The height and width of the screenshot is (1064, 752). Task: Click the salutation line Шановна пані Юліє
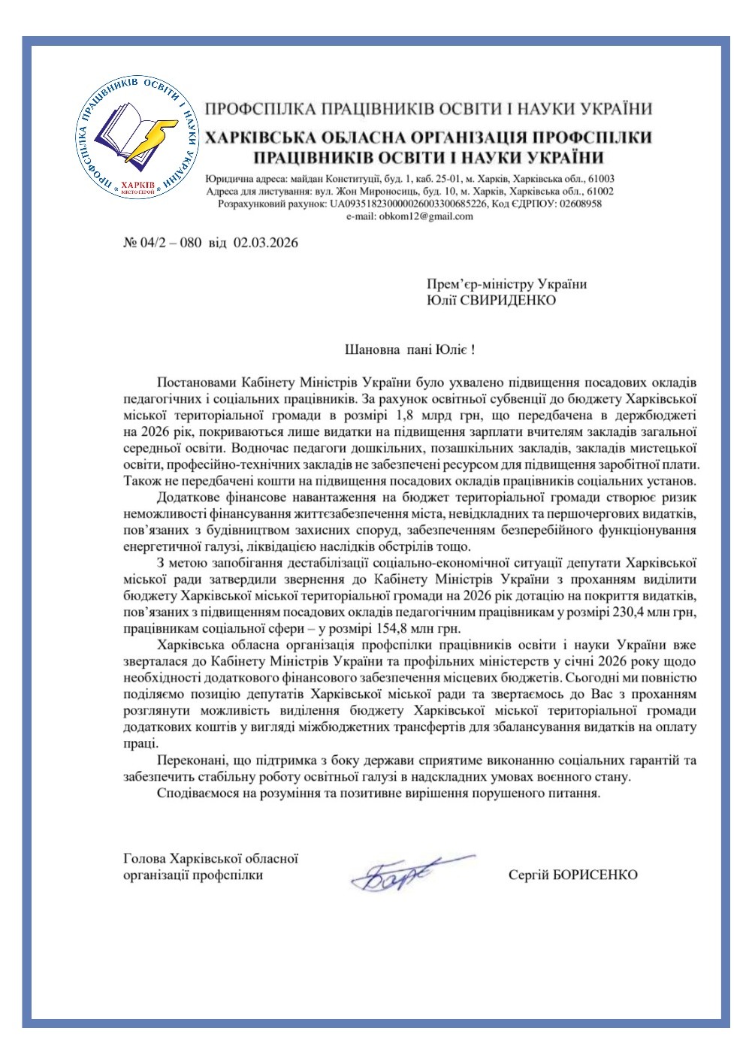point(409,349)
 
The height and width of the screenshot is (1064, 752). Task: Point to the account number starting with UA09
point(409,204)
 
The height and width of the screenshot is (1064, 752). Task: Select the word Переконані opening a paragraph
point(189,760)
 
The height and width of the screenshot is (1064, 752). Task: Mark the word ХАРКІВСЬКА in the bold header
point(259,138)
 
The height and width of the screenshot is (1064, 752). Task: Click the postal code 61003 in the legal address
point(599,179)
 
